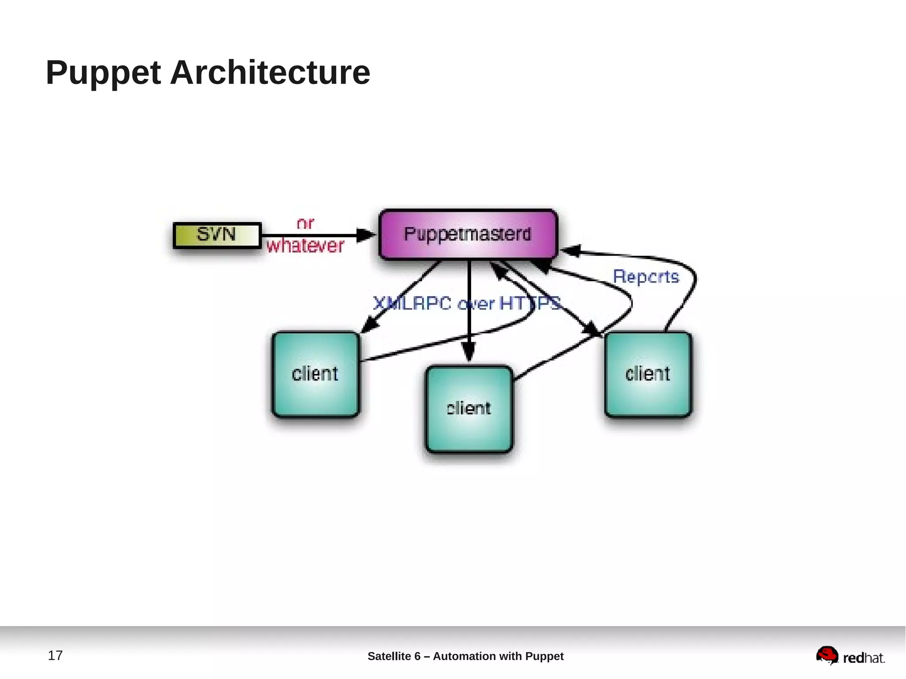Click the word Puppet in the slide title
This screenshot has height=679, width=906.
pyautogui.click(x=103, y=73)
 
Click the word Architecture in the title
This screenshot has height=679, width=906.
pyautogui.click(x=270, y=72)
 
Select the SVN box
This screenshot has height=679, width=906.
pyautogui.click(x=216, y=235)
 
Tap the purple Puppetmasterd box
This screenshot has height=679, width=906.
pyautogui.click(x=468, y=234)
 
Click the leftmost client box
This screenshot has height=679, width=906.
pyautogui.click(x=315, y=374)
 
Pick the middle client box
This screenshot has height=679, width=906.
pyautogui.click(x=469, y=409)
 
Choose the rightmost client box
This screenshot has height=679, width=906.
pyautogui.click(x=648, y=374)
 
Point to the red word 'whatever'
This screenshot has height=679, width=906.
pyautogui.click(x=305, y=246)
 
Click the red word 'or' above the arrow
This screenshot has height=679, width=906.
pyautogui.click(x=305, y=223)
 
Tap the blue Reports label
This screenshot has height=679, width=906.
pyautogui.click(x=646, y=277)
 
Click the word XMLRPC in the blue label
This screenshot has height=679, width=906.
pyautogui.click(x=412, y=303)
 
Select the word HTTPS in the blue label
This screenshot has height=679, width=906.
pyautogui.click(x=530, y=303)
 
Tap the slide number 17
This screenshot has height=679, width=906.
pyautogui.click(x=55, y=655)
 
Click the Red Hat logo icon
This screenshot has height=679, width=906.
pyautogui.click(x=827, y=655)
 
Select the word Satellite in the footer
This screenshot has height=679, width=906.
pyautogui.click(x=389, y=656)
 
